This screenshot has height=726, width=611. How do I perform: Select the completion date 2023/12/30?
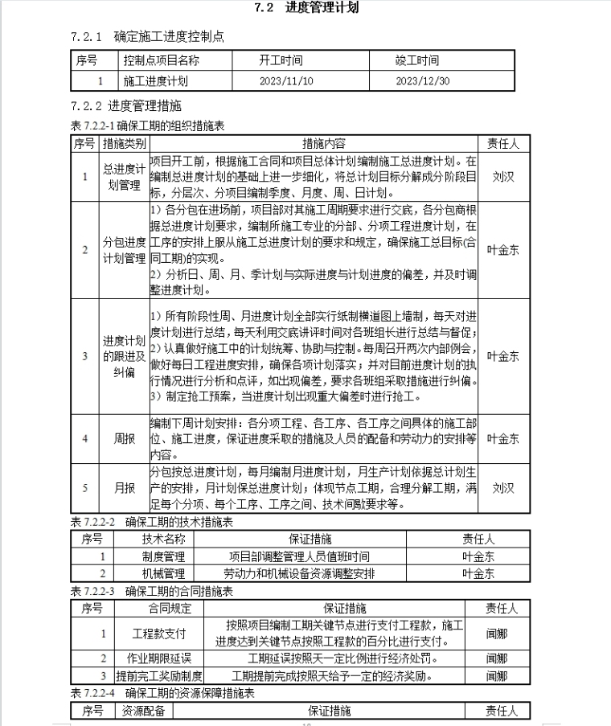coord(422,80)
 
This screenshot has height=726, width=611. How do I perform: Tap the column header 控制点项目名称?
coord(162,60)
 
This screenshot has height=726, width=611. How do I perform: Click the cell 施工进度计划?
coord(156,80)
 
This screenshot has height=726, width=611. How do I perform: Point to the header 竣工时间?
coord(417,60)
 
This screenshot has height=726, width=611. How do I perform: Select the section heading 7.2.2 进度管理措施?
coord(126,105)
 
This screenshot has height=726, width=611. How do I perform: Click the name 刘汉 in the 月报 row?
coord(503,487)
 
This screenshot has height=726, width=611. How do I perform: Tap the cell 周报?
coord(124,439)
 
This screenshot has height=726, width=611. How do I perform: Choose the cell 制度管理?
coord(163,556)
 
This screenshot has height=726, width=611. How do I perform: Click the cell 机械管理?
coord(163,573)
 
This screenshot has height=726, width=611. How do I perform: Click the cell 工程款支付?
coord(164,634)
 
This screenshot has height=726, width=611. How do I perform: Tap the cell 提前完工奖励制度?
coord(158,676)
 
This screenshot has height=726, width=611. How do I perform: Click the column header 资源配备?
coord(142,710)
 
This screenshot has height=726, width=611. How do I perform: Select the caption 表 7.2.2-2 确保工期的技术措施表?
coord(152,523)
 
